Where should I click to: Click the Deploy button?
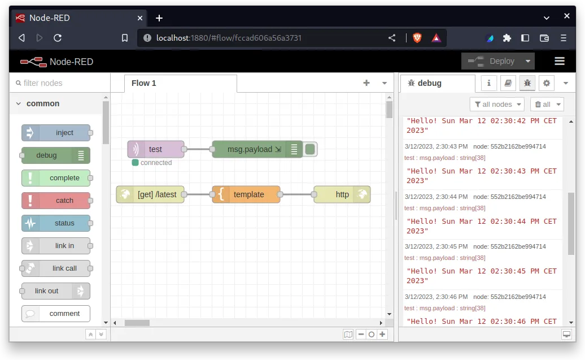490,61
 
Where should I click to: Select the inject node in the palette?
56,133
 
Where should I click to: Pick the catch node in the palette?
56,201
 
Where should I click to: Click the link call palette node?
56,268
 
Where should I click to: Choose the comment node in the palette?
56,314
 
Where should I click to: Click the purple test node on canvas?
155,149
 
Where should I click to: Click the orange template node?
246,194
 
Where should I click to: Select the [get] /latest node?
150,194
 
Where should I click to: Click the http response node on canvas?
342,194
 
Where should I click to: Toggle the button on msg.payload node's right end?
310,149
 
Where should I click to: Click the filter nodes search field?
60,83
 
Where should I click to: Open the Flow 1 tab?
144,83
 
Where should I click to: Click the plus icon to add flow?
366,83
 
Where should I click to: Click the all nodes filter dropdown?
497,105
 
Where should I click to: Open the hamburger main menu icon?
560,61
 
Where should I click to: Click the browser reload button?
58,38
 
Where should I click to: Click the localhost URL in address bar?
229,38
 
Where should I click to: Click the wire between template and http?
297,194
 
